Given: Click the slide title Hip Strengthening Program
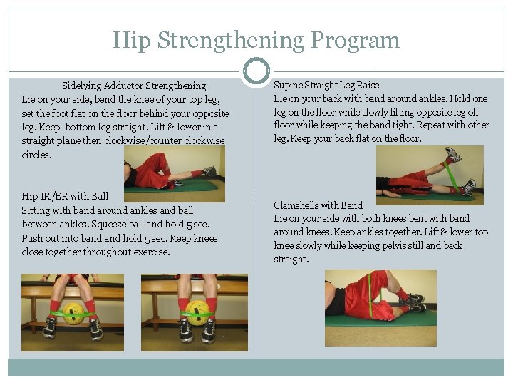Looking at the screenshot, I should [256, 40].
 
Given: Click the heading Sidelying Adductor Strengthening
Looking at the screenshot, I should [134, 86].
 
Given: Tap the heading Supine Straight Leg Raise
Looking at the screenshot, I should [327, 85].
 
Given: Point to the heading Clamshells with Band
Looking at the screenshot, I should [318, 205].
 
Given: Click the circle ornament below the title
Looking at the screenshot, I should [256, 71].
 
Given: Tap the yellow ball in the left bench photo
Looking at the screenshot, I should [73, 314].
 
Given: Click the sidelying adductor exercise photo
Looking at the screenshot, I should [174, 174].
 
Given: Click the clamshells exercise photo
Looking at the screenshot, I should [380, 298].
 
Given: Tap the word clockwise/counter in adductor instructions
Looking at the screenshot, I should [142, 140].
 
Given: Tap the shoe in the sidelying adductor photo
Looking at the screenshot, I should [207, 171].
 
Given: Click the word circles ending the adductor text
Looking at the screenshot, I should [36, 154].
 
